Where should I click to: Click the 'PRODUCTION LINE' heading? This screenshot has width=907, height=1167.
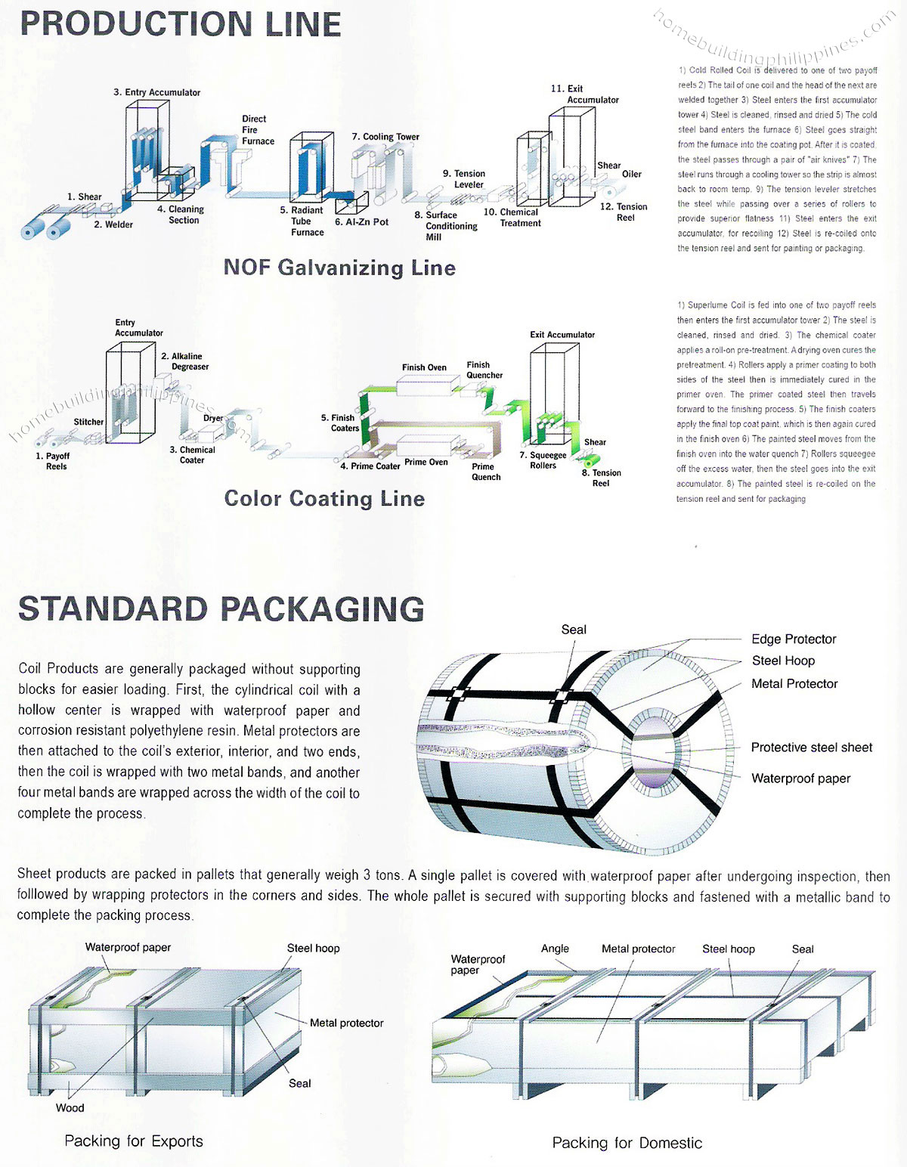pos(180,24)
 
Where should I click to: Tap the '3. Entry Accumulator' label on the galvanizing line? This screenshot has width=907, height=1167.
pos(157,92)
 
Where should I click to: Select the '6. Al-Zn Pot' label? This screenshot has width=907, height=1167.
pos(361,222)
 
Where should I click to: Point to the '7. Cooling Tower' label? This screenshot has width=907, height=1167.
pos(385,137)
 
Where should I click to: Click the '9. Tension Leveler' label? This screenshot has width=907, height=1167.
pos(464,179)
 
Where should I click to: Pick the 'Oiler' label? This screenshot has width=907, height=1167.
pos(632,174)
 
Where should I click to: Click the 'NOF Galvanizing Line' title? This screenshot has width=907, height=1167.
pos(339,268)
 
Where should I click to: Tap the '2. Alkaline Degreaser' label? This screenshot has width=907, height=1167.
pos(185,361)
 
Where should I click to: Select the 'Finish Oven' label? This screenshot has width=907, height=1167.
pos(424,367)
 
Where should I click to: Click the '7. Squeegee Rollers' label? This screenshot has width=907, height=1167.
pos(543,460)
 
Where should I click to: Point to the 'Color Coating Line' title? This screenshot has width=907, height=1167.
pos(324,499)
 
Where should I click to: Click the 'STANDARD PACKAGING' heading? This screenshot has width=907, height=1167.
pos(221,609)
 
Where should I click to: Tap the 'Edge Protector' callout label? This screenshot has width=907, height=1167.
pos(794,639)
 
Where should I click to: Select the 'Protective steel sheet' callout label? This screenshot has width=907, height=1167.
pos(811,748)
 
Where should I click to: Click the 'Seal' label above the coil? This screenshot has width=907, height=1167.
pos(574,630)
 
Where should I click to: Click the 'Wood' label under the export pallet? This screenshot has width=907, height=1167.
pos(70,1108)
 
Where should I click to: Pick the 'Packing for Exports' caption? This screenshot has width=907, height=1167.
pos(134,1141)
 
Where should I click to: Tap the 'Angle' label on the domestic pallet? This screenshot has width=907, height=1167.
pos(555,949)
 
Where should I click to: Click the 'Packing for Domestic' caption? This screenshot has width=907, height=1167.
pos(627,1143)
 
